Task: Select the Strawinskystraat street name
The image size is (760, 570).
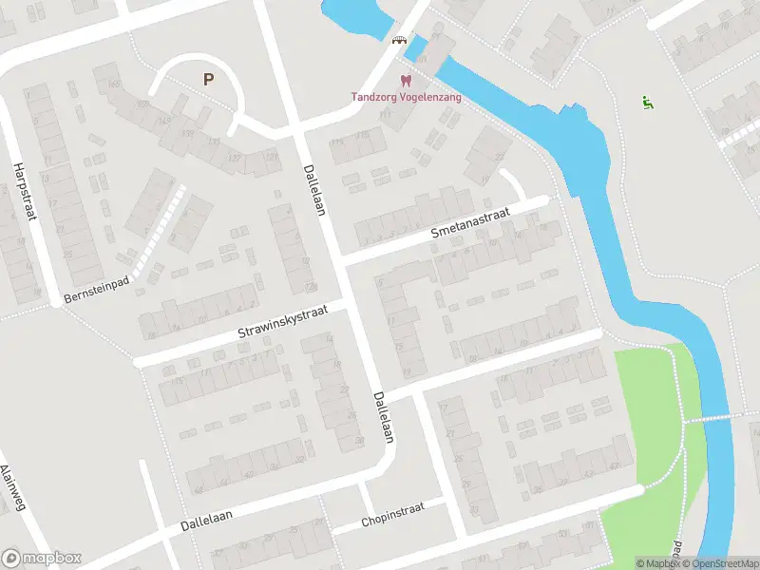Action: (282, 324)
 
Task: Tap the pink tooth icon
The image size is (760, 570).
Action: (406, 82)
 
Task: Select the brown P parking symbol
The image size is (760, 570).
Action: (207, 80)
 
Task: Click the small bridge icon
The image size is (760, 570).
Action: (400, 40)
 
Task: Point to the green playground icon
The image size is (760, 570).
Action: (648, 103)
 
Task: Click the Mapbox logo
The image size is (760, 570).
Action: (42, 559)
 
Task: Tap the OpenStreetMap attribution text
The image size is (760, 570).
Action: (721, 563)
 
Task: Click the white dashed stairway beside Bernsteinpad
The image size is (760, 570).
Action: (157, 233)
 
